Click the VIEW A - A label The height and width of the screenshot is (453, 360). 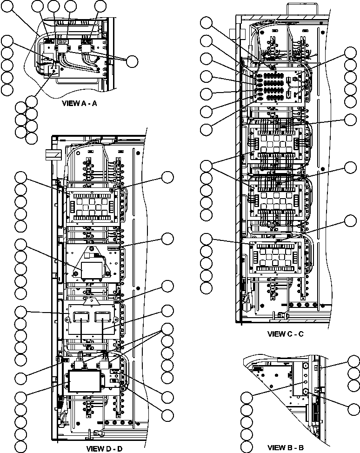pyautogui.click(x=79, y=103)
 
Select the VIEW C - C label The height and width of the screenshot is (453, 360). pyautogui.click(x=286, y=334)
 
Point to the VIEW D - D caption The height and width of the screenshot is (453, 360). pyautogui.click(x=104, y=449)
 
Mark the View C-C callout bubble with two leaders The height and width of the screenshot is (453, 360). pyautogui.click(x=207, y=166)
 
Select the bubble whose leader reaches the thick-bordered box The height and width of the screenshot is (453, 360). pyautogui.click(x=20, y=397)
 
